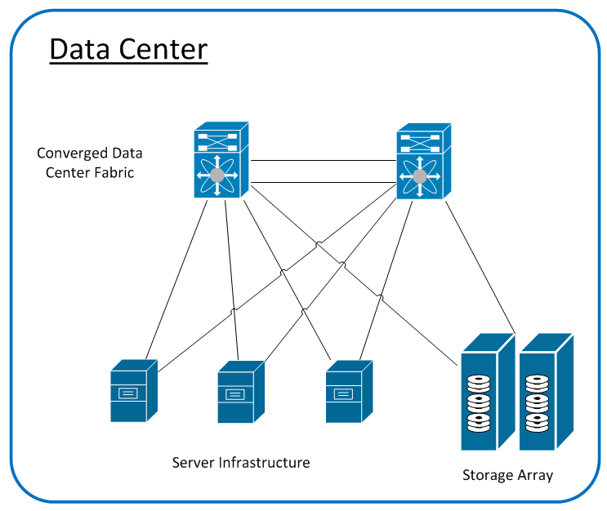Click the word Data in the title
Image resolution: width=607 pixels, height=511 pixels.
pyautogui.click(x=79, y=50)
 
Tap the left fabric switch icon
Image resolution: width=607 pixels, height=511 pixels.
pyautogui.click(x=221, y=160)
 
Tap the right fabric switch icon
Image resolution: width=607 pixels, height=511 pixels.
pyautogui.click(x=422, y=160)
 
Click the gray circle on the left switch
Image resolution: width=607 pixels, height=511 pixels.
pyautogui.click(x=216, y=176)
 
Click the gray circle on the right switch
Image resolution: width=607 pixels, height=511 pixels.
pyautogui.click(x=419, y=176)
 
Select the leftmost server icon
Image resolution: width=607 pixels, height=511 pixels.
pyautogui.click(x=133, y=390)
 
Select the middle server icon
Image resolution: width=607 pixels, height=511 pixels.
pyautogui.click(x=241, y=393)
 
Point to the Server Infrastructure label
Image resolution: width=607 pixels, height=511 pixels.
pyautogui.click(x=241, y=463)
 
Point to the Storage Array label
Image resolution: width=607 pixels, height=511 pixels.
pyautogui.click(x=507, y=475)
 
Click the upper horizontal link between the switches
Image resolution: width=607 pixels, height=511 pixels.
pyautogui.click(x=323, y=161)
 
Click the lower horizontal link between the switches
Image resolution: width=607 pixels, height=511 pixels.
pyautogui.click(x=323, y=182)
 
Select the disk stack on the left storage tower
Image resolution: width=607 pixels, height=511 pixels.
pyautogui.click(x=478, y=403)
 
